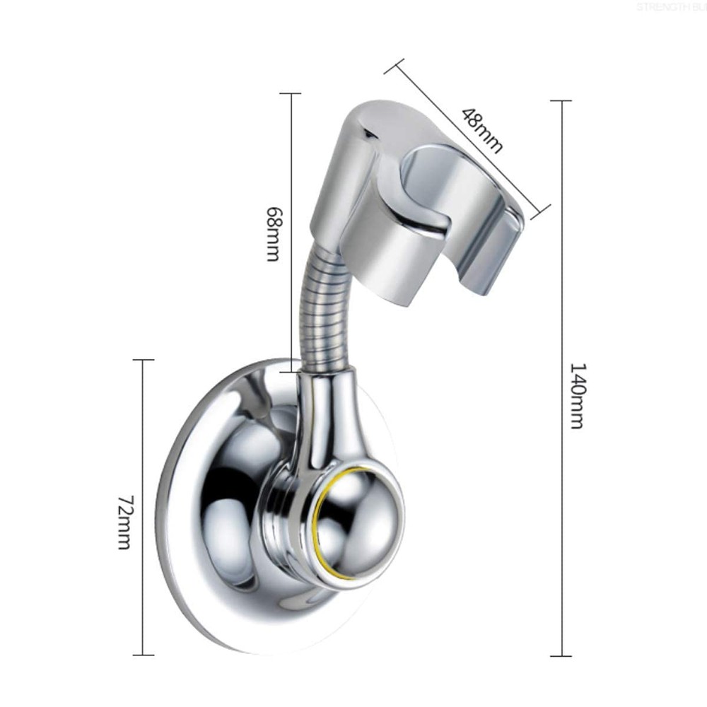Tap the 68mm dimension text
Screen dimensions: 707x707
274,234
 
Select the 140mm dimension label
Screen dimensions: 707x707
576,397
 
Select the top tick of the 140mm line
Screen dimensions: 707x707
561,101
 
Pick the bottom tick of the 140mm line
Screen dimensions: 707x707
561,656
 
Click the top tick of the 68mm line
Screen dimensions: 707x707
290,93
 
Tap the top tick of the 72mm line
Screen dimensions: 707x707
144,361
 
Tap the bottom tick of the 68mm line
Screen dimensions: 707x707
290,361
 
